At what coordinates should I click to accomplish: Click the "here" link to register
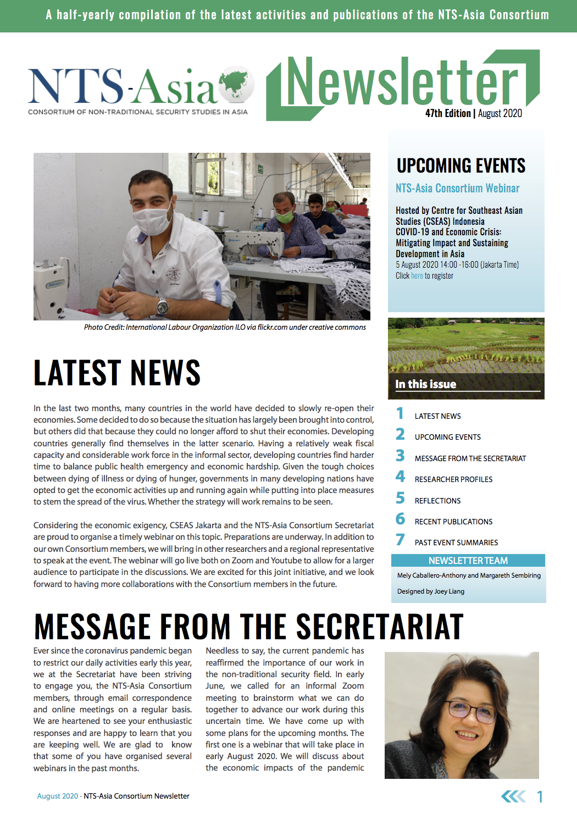click(x=417, y=276)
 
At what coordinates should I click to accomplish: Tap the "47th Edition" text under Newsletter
click(x=447, y=114)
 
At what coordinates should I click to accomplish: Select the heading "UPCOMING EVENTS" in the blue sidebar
click(x=461, y=165)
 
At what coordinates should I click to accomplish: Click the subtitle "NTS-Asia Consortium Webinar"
click(x=457, y=189)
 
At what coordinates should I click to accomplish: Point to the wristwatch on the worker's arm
click(x=162, y=306)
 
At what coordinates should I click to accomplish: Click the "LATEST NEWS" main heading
click(x=116, y=373)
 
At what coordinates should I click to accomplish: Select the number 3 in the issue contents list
click(x=400, y=456)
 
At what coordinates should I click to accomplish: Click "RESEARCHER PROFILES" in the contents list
click(x=453, y=479)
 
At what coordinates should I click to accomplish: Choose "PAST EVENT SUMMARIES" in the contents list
click(x=456, y=543)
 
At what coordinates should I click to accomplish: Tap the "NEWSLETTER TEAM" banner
click(x=468, y=561)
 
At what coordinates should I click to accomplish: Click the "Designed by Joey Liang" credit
click(x=430, y=591)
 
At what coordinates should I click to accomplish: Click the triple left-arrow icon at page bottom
click(x=513, y=796)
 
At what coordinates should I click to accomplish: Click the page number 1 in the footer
click(x=540, y=796)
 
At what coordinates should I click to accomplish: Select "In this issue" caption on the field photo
click(x=425, y=384)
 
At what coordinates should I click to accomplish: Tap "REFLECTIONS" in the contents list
click(x=437, y=501)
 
